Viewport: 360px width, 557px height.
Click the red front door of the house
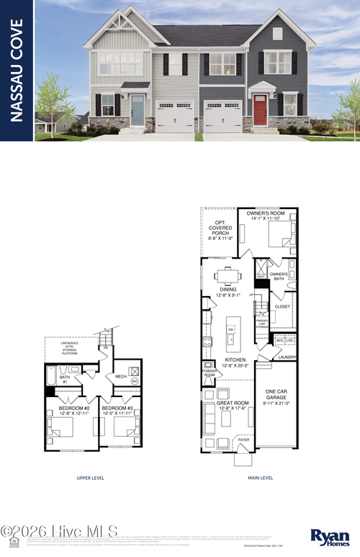[x=260, y=110]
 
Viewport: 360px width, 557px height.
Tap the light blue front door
[x=138, y=111]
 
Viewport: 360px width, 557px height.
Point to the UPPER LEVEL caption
[x=91, y=477]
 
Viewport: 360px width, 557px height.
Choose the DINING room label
[x=228, y=290]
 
